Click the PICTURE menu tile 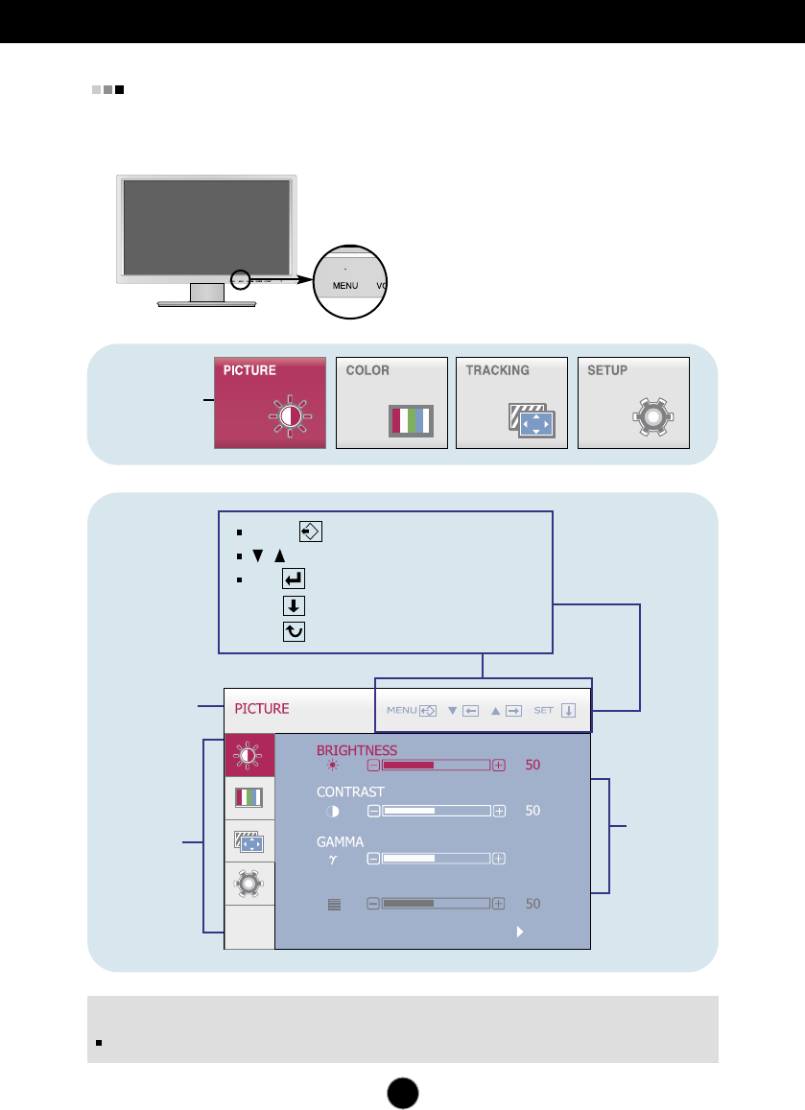270,403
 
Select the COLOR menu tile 392,403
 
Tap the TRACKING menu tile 511,403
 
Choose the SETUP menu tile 633,403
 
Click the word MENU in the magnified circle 345,286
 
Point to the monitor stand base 207,302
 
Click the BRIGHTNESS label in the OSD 356,750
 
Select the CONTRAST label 350,791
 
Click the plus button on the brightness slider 499,766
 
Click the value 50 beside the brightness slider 533,766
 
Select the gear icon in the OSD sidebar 249,883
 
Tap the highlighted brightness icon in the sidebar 249,755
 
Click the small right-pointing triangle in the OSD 519,931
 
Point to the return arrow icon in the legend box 294,579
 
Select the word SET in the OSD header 544,711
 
